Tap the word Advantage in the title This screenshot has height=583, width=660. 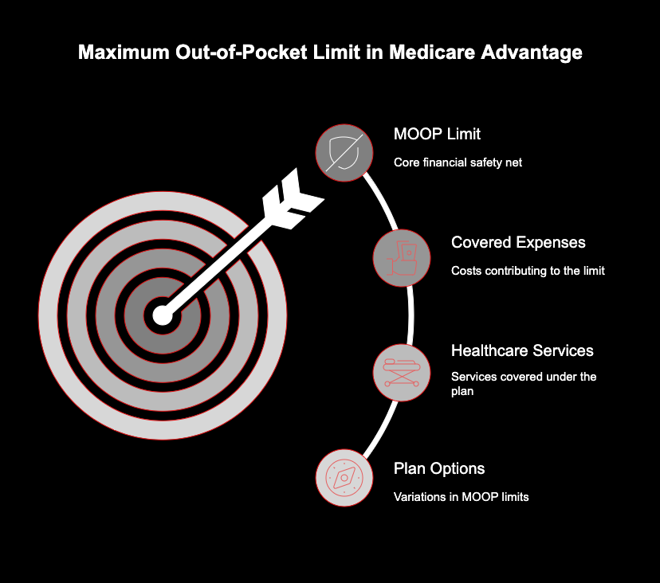(531, 52)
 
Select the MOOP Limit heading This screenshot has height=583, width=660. (437, 134)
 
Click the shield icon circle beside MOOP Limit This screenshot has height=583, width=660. (344, 153)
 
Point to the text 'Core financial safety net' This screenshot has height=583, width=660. (458, 162)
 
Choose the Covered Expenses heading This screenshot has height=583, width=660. (518, 242)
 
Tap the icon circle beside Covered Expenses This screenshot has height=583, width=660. (402, 258)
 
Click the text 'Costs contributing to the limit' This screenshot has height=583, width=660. (528, 271)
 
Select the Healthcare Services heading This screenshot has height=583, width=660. (522, 350)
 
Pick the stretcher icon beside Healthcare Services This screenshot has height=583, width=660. (402, 373)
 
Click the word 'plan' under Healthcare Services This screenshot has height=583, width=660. (462, 392)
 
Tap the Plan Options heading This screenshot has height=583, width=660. (439, 468)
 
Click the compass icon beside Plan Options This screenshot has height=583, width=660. (344, 478)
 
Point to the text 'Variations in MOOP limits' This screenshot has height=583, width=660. (461, 497)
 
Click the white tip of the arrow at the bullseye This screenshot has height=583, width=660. (163, 315)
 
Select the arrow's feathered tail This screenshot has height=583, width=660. (293, 199)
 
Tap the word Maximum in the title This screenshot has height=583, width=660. (124, 52)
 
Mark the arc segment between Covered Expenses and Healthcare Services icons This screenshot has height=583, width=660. (411, 315)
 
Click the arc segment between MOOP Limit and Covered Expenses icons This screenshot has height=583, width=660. (382, 200)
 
